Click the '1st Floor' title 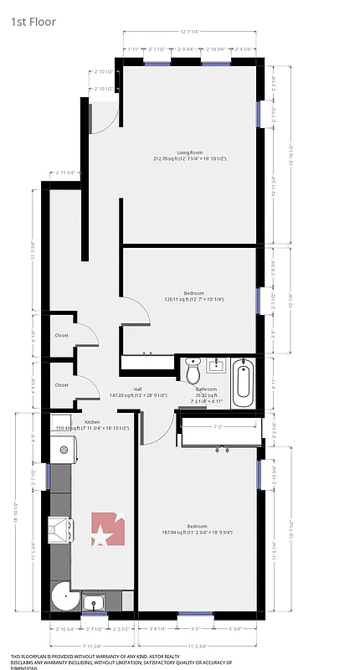pyautogui.click(x=33, y=22)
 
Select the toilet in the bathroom pyautogui.click(x=193, y=369)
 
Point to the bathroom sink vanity pyautogui.click(x=217, y=365)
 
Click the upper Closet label pyautogui.click(x=62, y=335)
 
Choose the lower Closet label pyautogui.click(x=62, y=384)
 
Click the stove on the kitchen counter pyautogui.click(x=61, y=528)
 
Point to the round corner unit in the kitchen pyautogui.click(x=63, y=596)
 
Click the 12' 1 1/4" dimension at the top pyautogui.click(x=193, y=32)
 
